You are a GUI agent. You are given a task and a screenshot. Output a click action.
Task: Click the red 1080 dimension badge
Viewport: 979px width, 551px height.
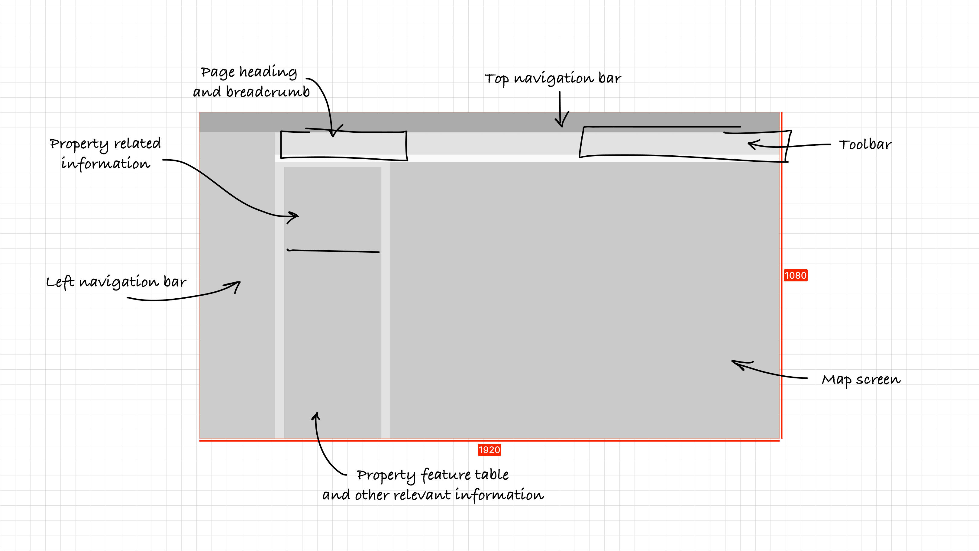click(x=795, y=275)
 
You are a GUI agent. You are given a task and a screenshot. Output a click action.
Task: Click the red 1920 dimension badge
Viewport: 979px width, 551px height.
click(x=489, y=450)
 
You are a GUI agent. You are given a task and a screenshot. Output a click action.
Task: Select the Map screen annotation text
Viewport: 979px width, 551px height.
click(x=861, y=380)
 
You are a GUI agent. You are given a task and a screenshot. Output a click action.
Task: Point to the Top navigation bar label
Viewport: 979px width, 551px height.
click(x=553, y=78)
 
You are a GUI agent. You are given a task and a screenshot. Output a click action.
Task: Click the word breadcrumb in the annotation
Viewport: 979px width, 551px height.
click(x=268, y=92)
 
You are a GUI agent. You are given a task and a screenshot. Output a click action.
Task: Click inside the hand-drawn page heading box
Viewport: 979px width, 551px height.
click(x=344, y=144)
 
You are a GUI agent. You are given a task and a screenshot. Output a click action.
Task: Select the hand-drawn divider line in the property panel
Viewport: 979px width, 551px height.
click(x=333, y=251)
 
